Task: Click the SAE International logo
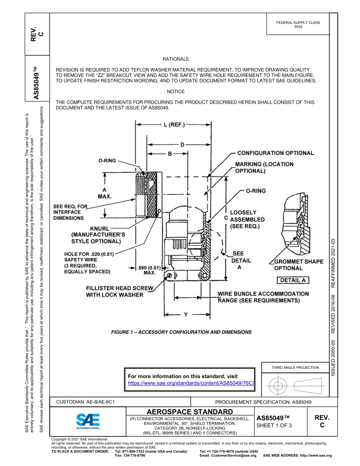pos(88,421)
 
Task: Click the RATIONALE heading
pos(175,59)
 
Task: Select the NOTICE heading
pos(175,92)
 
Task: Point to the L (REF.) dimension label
pos(174,125)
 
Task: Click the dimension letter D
pos(182,144)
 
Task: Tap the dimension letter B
pos(170,154)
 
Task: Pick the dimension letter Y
pos(185,314)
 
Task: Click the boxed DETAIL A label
pos(293,280)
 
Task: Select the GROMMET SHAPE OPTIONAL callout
pos(299,265)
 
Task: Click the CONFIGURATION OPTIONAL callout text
pos(275,153)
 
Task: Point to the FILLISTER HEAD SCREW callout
pos(119,291)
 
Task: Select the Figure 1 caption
pos(181,332)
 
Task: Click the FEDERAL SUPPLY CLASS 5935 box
pos(298,25)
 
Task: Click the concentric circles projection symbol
pos(279,386)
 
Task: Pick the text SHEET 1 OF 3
pos(274,425)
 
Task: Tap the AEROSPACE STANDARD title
pos(190,412)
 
